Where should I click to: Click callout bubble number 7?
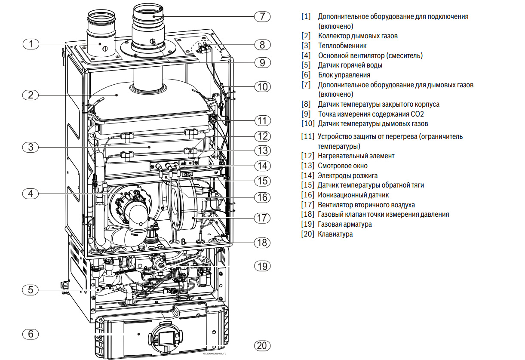(x=262, y=16)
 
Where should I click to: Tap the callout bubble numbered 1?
(x=31, y=44)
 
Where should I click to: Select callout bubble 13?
(x=262, y=151)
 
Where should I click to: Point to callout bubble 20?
(x=262, y=345)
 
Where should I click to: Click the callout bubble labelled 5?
(x=31, y=290)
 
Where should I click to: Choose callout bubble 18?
(x=262, y=243)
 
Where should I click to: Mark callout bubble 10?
(x=262, y=87)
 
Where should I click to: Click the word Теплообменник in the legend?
(x=342, y=46)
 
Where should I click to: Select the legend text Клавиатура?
(x=335, y=234)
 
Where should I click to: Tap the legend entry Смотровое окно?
(x=343, y=166)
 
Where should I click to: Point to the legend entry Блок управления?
(x=344, y=75)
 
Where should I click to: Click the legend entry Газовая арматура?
(x=345, y=224)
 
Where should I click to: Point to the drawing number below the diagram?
(x=215, y=354)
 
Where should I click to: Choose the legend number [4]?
(x=306, y=55)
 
